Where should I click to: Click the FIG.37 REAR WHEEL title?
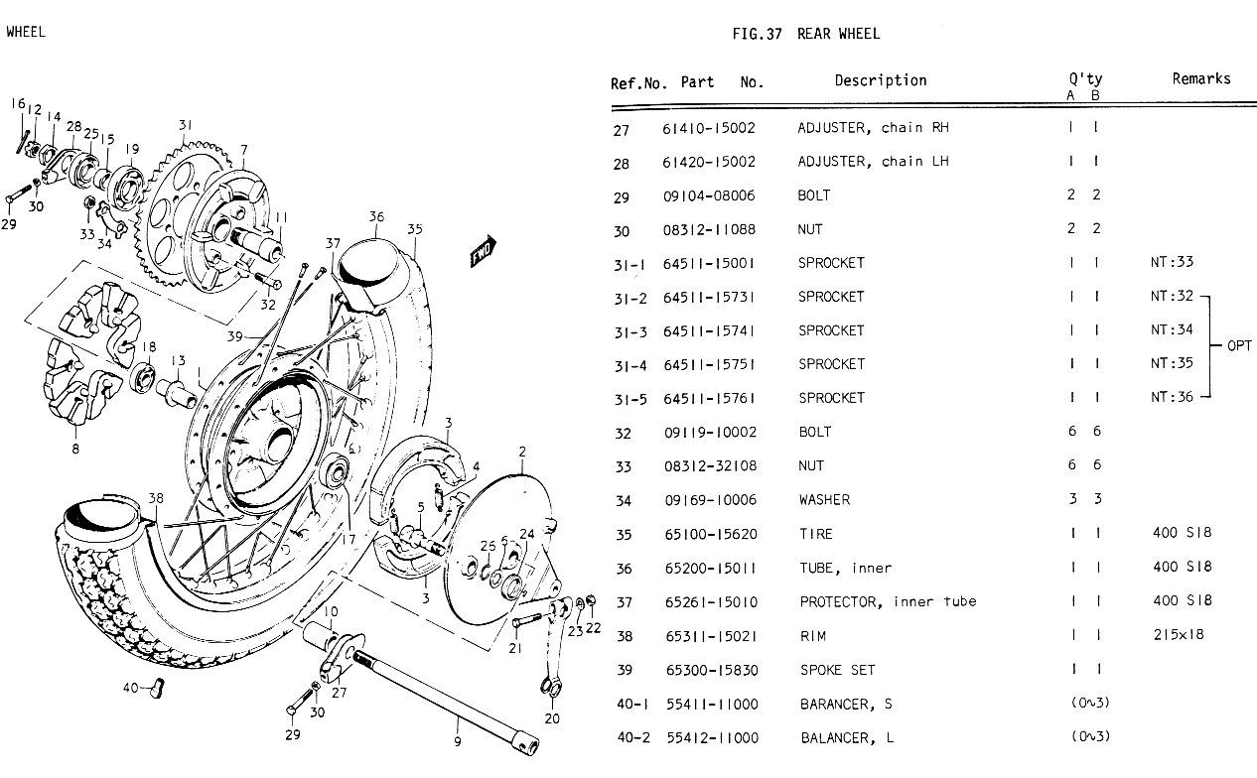[x=805, y=34]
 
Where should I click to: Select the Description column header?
[x=880, y=80]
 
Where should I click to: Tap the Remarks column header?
[x=1200, y=79]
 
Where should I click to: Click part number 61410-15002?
[x=709, y=128]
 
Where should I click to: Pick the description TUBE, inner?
[x=845, y=568]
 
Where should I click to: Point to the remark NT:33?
[x=1172, y=263]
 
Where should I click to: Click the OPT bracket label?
[x=1239, y=346]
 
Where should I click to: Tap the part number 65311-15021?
[x=710, y=636]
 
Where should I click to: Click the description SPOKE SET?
[x=837, y=670]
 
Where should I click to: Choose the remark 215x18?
[x=1178, y=635]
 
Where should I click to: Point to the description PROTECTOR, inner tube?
[x=888, y=601]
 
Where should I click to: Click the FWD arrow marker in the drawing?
[x=483, y=253]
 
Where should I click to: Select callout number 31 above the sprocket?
[x=185, y=125]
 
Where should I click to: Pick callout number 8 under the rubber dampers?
[x=74, y=449]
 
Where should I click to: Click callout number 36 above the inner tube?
[x=375, y=217]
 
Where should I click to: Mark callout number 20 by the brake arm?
[x=551, y=718]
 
